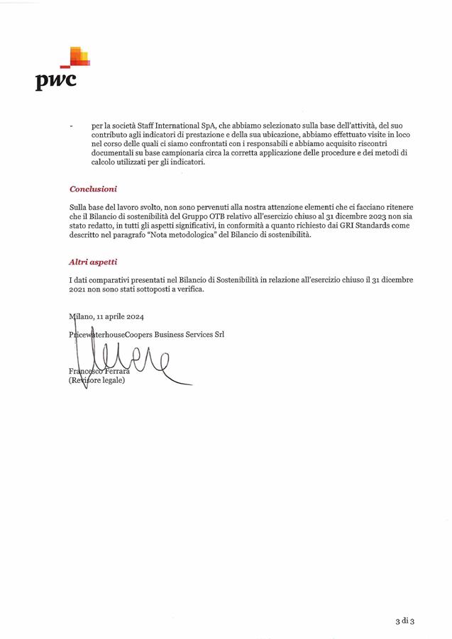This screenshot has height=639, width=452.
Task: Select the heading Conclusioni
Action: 93,189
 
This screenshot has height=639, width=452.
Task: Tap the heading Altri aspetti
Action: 93,262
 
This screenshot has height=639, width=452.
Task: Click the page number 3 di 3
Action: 405,621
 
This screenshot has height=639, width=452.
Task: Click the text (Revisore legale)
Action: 97,381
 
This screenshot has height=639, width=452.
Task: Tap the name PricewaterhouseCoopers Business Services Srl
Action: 146,334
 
